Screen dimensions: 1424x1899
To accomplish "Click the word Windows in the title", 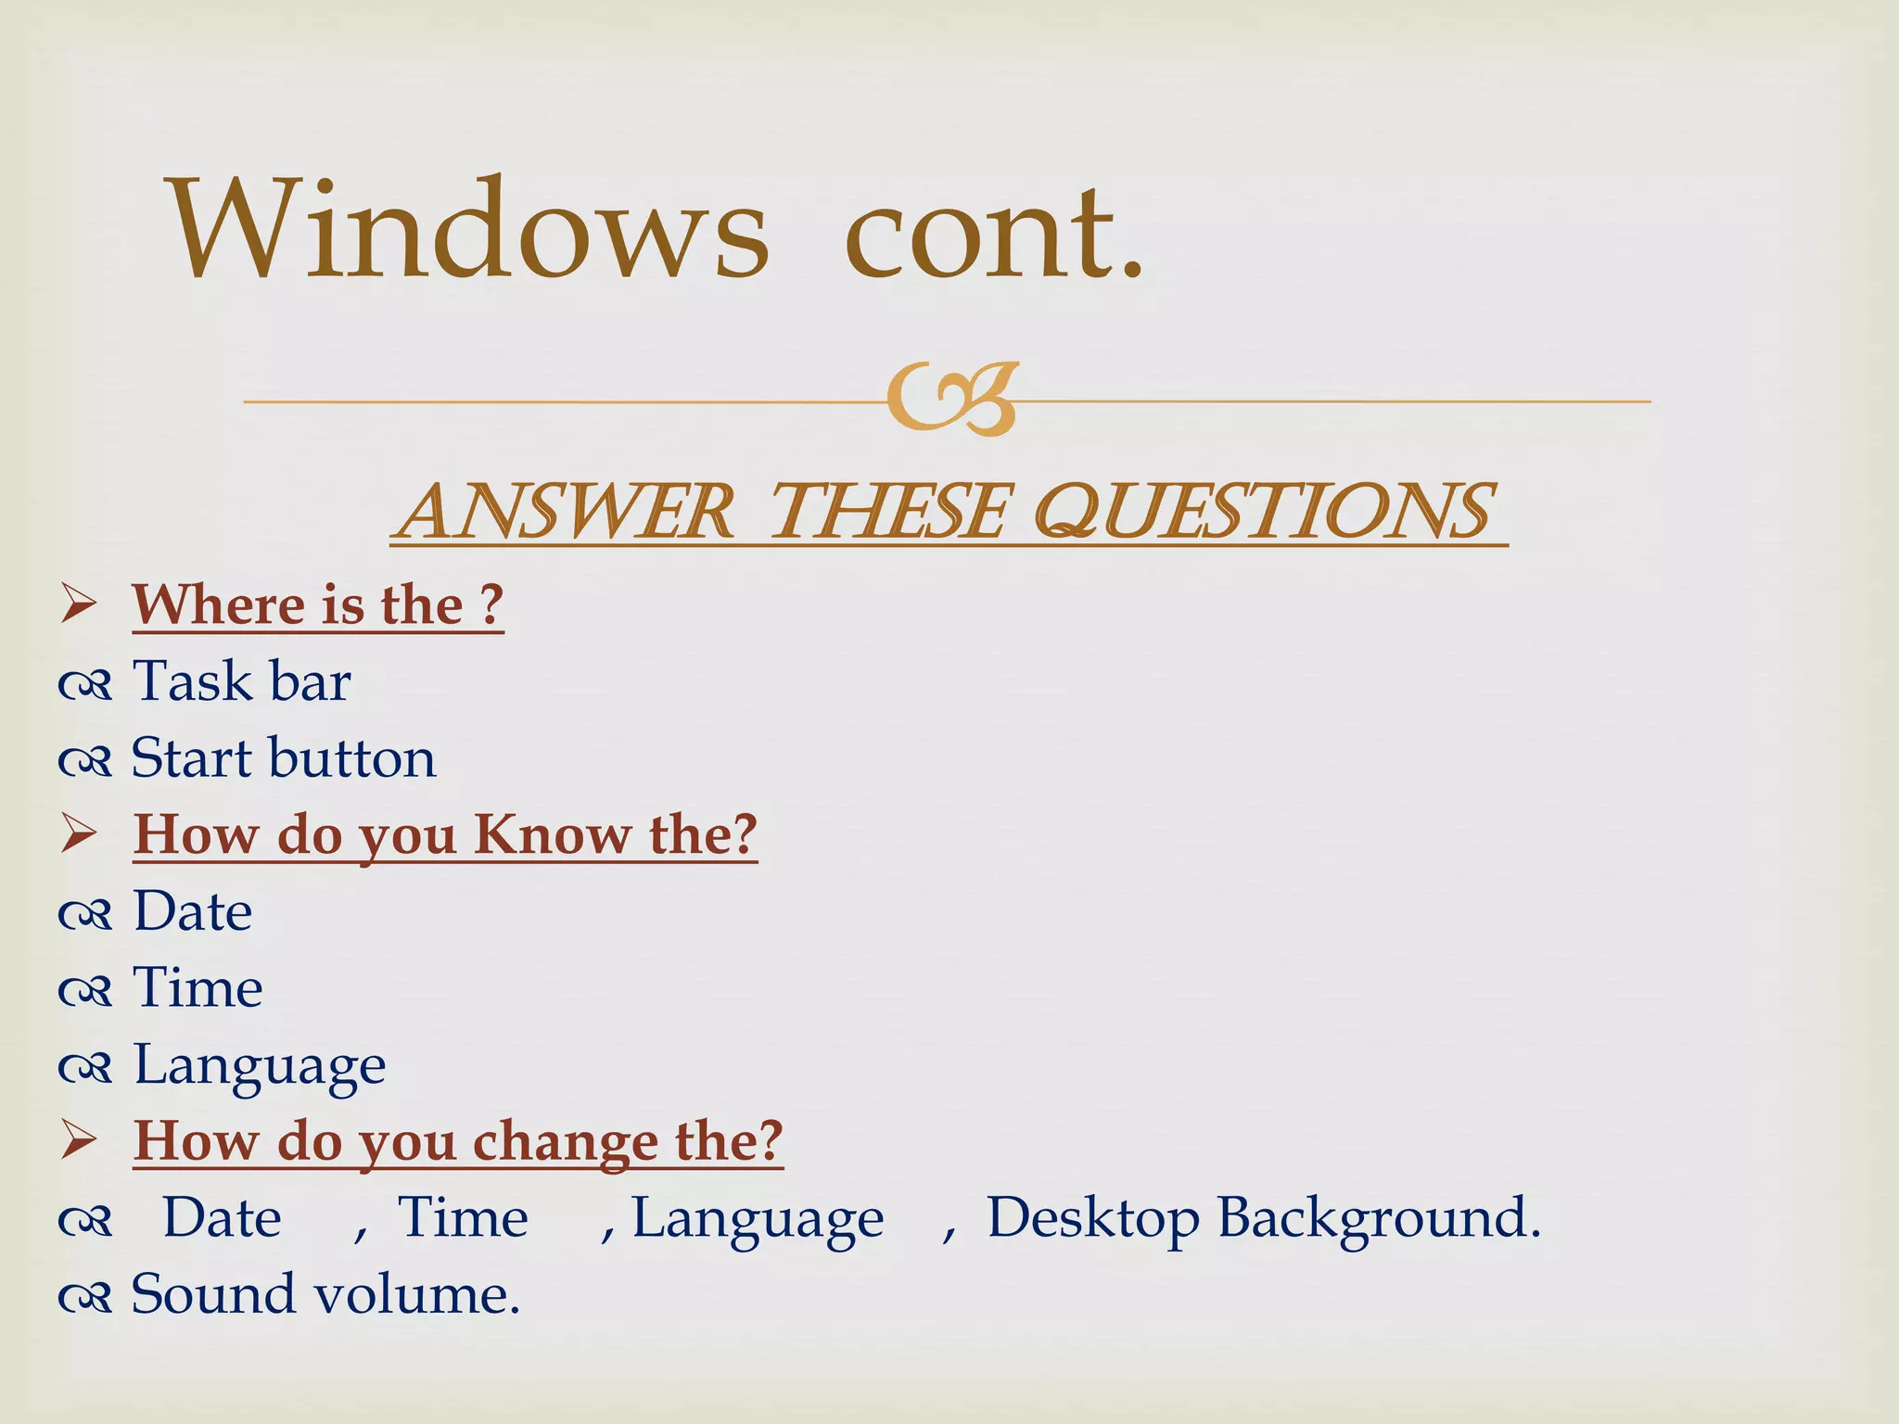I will (x=467, y=229).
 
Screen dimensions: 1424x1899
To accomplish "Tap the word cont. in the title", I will (x=994, y=232).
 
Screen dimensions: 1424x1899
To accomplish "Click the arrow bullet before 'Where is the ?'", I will (x=79, y=604).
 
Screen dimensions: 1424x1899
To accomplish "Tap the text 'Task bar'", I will (x=241, y=681).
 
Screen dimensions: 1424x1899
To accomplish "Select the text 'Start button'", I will (x=283, y=758).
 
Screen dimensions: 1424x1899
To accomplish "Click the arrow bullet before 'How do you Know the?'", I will (x=79, y=834).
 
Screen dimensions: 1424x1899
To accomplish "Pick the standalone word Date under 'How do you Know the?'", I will (x=193, y=911).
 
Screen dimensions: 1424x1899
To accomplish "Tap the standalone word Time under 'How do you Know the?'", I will (x=198, y=987).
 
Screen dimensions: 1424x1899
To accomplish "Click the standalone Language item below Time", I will (x=260, y=1064).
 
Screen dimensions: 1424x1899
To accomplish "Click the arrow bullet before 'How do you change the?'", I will (x=79, y=1141).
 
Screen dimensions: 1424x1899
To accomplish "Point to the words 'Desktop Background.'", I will (x=1263, y=1217).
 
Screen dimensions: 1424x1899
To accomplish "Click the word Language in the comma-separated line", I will (x=758, y=1217).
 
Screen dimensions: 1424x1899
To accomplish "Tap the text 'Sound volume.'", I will (x=325, y=1294).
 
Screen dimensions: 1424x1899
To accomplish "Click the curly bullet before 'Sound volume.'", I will (x=85, y=1296).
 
